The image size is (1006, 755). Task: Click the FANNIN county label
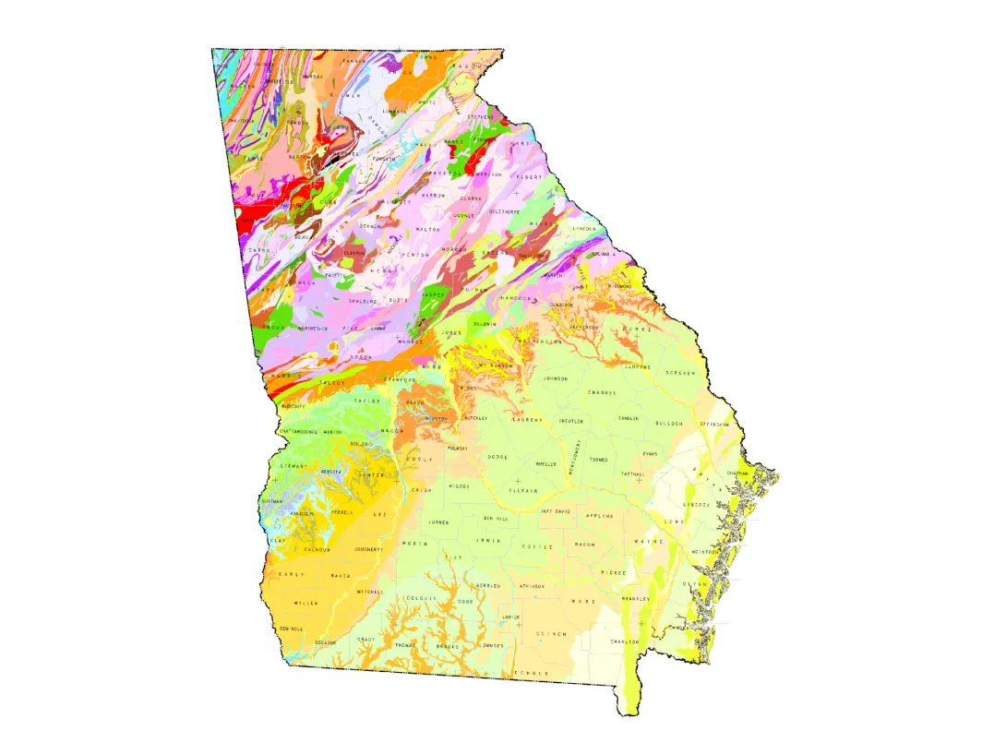coord(353,59)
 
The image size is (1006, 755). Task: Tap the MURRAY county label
coord(312,77)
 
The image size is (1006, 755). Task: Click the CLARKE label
coord(472,198)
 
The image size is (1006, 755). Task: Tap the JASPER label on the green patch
coord(434,294)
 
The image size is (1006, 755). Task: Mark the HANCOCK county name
coord(511,298)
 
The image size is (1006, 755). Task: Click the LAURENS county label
coord(528,419)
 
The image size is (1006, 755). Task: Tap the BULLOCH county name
coord(669,423)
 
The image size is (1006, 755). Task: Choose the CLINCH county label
coord(551,634)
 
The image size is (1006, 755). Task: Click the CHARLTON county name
coord(625,641)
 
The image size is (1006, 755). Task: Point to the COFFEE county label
coord(537,547)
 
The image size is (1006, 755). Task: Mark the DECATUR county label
coord(325,641)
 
